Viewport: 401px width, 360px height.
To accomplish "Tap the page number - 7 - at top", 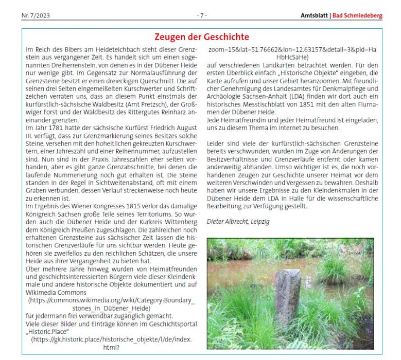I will tap(202, 16).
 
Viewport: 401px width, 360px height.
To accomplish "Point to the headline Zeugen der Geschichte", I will tap(202, 37).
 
